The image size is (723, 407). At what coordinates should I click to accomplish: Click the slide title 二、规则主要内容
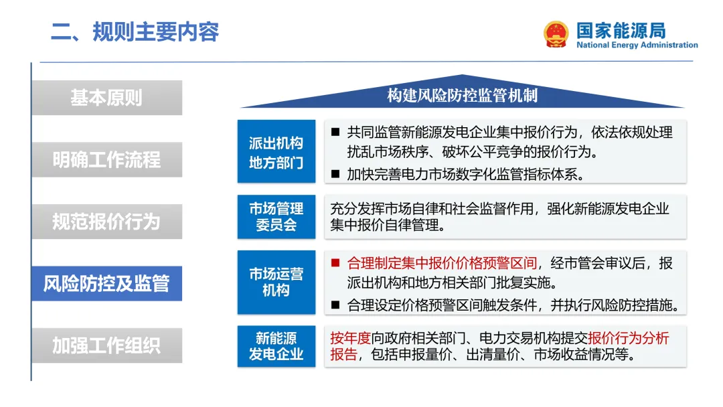[x=135, y=31]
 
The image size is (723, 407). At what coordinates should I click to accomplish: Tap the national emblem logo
[x=556, y=34]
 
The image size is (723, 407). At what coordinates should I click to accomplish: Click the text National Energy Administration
[x=637, y=46]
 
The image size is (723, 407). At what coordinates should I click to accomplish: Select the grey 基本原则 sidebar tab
[x=106, y=98]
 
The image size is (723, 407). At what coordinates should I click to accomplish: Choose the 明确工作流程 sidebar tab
[x=106, y=160]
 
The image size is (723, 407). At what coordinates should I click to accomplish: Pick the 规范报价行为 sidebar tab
[x=106, y=222]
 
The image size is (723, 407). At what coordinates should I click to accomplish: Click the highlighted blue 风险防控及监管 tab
[x=106, y=283]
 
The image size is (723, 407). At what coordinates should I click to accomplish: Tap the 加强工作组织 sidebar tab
[x=106, y=345]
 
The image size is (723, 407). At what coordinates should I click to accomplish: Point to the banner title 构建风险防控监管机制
[x=462, y=96]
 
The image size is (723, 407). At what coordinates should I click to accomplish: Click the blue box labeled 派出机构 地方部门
[x=276, y=153]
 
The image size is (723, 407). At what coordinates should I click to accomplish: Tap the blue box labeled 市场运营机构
[x=276, y=282]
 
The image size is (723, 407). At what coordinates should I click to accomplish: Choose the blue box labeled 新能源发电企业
[x=276, y=346]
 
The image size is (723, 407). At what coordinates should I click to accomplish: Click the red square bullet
[x=336, y=263]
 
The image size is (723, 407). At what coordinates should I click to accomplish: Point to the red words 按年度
[x=350, y=338]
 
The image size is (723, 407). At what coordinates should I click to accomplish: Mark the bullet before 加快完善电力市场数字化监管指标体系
[x=336, y=175]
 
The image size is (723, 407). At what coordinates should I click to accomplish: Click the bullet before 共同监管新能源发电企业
[x=336, y=132]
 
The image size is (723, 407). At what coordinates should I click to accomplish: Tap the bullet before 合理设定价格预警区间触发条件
[x=336, y=306]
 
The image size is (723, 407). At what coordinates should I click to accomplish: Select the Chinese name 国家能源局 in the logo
[x=621, y=30]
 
